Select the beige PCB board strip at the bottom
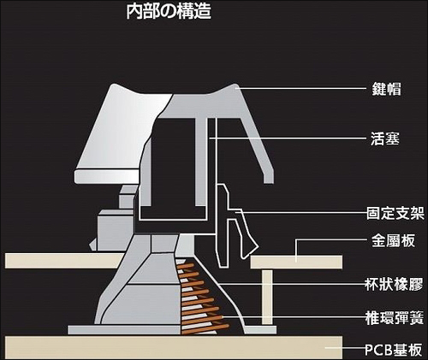(171, 347)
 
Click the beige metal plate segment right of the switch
(295, 261)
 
